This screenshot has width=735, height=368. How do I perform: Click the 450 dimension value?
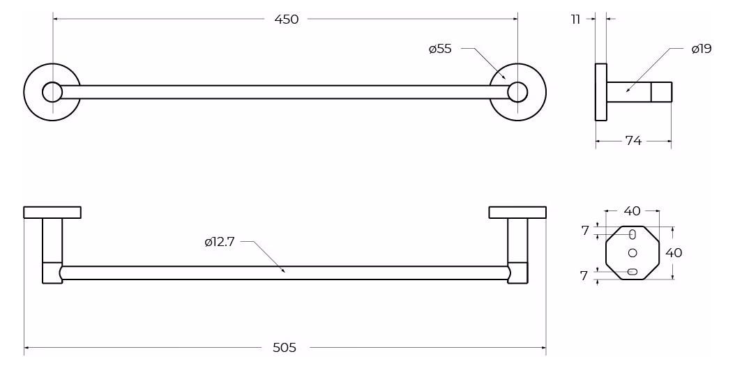pyautogui.click(x=286, y=20)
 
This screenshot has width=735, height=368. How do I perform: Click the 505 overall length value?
pyautogui.click(x=285, y=347)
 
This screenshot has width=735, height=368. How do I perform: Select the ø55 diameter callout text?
pyautogui.click(x=440, y=49)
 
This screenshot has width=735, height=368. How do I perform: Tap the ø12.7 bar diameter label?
pyautogui.click(x=220, y=243)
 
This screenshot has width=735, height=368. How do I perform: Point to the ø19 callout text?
pyautogui.click(x=702, y=48)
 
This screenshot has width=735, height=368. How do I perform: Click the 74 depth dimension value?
pyautogui.click(x=633, y=140)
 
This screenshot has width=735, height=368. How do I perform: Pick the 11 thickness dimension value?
pyautogui.click(x=575, y=20)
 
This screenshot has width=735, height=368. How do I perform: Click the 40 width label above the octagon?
pyautogui.click(x=632, y=211)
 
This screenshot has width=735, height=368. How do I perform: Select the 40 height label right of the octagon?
pyautogui.click(x=674, y=253)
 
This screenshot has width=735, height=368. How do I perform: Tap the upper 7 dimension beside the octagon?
pyautogui.click(x=584, y=230)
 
